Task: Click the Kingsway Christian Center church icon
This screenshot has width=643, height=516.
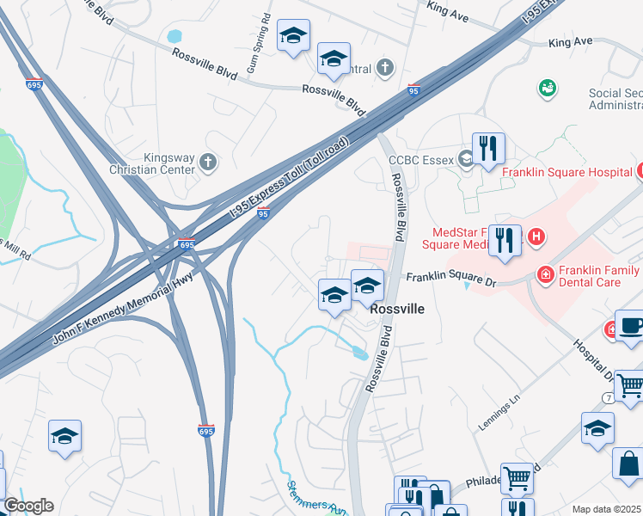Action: pos(207,161)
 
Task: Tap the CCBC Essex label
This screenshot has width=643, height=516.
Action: pos(421,159)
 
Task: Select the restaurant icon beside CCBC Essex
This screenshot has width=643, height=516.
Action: pos(488,148)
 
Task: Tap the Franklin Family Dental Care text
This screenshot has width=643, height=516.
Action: pos(599,275)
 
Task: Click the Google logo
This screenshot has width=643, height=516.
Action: pos(28,506)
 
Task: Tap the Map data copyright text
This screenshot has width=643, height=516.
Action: pos(606,509)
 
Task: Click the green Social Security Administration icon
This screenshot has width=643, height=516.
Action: pos(547,88)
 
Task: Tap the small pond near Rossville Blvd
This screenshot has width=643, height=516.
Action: pos(359,351)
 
